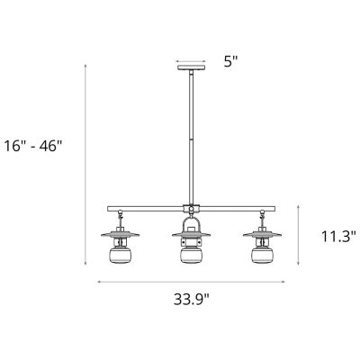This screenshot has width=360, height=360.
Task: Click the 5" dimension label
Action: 231,62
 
